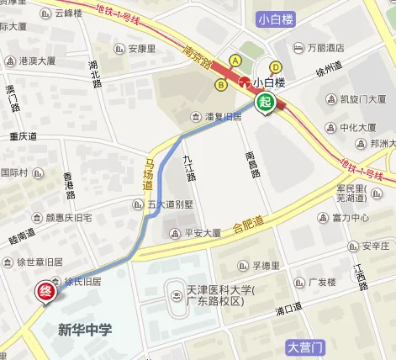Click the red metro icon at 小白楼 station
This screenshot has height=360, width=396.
(246, 82)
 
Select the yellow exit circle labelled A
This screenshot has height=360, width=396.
(235, 61)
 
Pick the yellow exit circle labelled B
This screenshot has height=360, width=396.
(220, 84)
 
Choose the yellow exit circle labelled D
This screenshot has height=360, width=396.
(275, 67)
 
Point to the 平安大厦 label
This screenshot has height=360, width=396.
(203, 233)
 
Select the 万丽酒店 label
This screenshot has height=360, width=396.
(326, 47)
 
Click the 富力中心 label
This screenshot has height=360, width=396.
(351, 218)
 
